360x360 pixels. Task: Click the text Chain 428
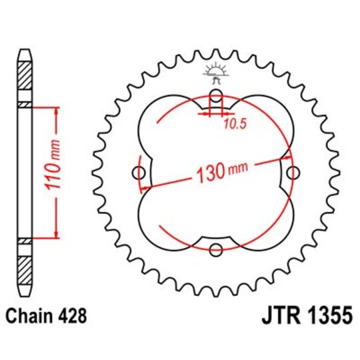pyautogui.click(x=45, y=314)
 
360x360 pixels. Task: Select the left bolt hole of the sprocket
pyautogui.click(x=139, y=173)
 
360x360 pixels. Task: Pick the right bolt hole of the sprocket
pyautogui.click(x=293, y=173)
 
